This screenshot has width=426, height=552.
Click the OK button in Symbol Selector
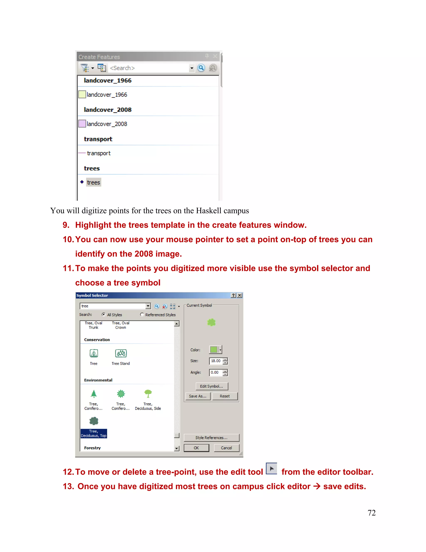pos(196,448)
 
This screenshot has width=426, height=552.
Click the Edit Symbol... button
pos(212,386)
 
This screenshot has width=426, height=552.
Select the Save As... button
pos(198,396)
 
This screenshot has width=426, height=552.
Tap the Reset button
pos(225,396)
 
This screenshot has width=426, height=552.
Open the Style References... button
pos(211,437)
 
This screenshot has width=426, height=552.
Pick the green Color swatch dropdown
pos(215,350)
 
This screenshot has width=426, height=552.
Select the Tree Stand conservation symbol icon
pos(121,353)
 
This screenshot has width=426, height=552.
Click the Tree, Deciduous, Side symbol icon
pos(148,394)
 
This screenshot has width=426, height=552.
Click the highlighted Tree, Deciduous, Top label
pos(94,433)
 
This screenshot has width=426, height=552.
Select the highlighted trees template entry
pos(93,182)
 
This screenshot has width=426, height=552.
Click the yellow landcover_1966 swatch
pos(82,94)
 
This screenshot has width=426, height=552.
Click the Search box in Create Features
pos(149,68)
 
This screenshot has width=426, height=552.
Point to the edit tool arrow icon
pos(271,469)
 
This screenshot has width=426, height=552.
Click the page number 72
pos(372,513)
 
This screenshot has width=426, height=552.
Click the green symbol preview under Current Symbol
pos(211,322)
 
